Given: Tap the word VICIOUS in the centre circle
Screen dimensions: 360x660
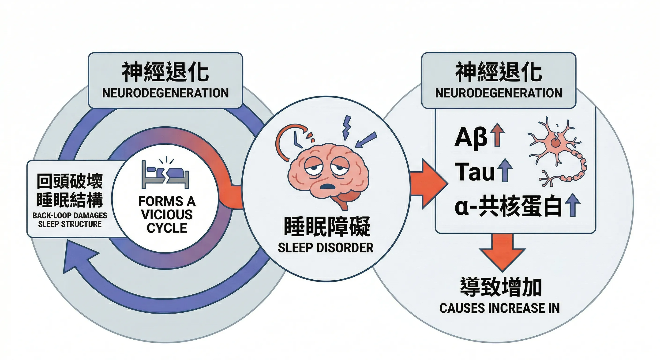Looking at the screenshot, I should tap(167, 214).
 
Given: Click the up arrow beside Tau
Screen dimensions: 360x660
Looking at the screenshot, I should tap(505, 170).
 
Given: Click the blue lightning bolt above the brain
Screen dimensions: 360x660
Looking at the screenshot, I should tap(347, 127).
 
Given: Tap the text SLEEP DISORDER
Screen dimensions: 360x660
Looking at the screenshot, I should tap(325, 248).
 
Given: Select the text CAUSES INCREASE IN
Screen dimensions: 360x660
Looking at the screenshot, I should tap(499, 308).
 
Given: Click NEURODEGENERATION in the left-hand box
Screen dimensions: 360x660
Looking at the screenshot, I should tap(165, 93).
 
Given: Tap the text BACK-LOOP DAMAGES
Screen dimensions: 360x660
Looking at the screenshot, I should tap(70, 215).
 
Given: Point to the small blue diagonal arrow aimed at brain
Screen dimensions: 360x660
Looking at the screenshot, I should tap(366, 140).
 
